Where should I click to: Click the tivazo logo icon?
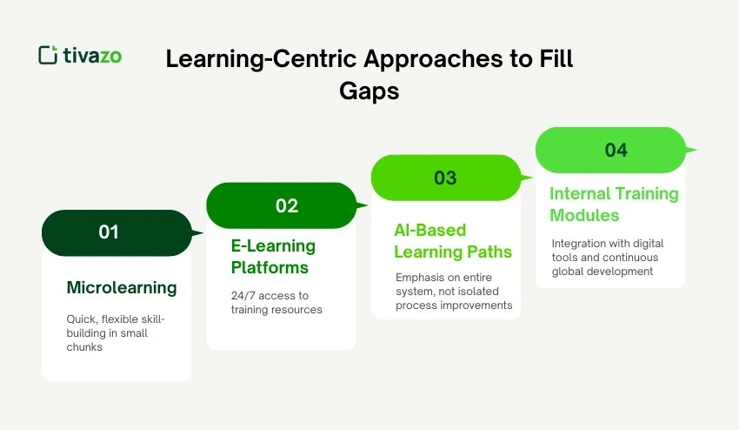click(48, 54)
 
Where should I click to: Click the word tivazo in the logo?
click(92, 55)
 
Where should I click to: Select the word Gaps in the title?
click(369, 91)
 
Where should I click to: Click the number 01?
click(108, 232)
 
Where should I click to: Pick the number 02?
click(287, 205)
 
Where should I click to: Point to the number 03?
click(445, 178)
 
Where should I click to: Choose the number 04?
click(616, 150)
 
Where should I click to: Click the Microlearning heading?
click(122, 287)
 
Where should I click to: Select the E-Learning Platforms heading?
click(273, 256)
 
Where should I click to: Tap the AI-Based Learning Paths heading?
click(453, 241)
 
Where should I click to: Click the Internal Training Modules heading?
click(614, 204)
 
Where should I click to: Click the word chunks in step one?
click(86, 347)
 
